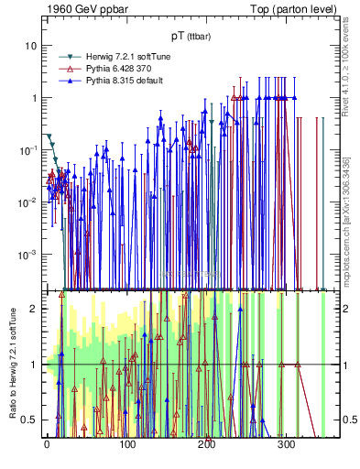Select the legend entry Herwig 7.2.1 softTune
pos(113,57)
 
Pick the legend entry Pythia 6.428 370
pos(107,69)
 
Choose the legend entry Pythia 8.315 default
pos(110,81)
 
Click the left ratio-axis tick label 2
pos(36,309)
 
